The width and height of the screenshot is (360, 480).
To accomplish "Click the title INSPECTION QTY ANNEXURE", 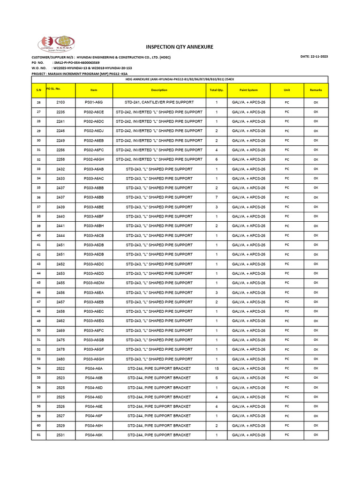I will click(x=180, y=47).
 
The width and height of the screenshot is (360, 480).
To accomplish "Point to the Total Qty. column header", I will click(x=217, y=90).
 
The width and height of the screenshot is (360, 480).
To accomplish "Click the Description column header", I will click(x=159, y=90).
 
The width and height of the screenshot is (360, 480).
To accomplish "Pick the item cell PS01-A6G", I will click(x=94, y=102).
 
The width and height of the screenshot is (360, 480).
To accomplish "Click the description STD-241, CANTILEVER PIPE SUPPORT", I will click(x=159, y=102).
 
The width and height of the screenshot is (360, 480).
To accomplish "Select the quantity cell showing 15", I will click(x=217, y=368).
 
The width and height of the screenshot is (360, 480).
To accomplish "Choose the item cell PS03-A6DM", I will click(x=94, y=283).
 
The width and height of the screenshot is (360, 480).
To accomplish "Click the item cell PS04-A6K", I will click(x=94, y=435).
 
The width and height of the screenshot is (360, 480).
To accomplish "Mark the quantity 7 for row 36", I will click(x=217, y=197).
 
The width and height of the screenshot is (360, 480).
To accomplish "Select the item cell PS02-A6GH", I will click(x=94, y=159).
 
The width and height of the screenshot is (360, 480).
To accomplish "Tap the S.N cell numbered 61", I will click(x=38, y=435).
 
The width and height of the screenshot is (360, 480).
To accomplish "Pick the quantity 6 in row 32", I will click(x=217, y=159).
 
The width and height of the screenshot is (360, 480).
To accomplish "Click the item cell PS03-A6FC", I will click(x=94, y=330).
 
